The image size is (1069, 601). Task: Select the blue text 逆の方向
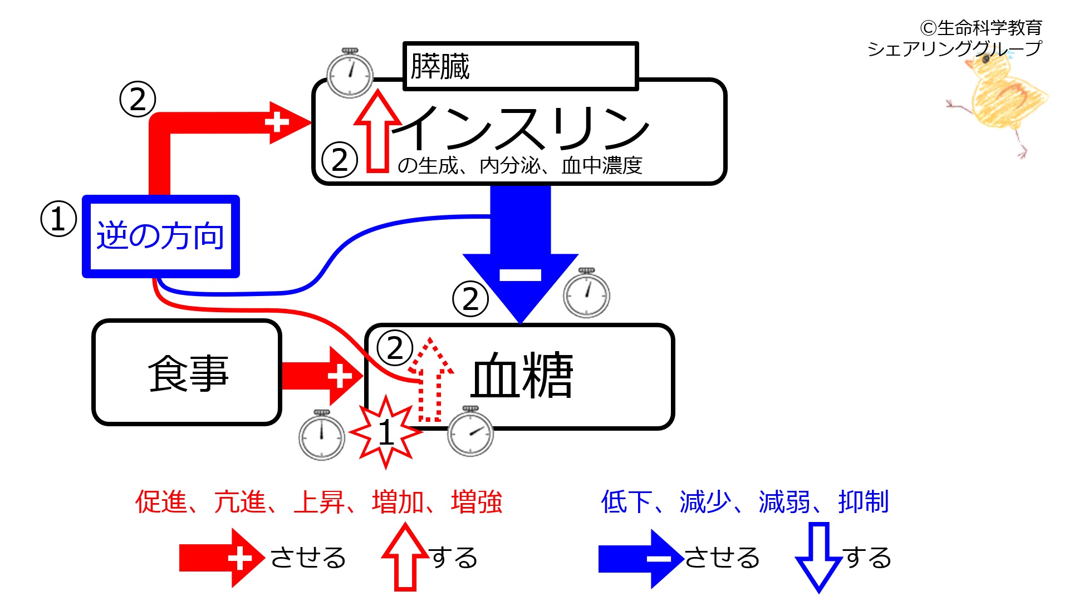pyautogui.click(x=160, y=236)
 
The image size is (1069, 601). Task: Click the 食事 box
pyautogui.click(x=187, y=372)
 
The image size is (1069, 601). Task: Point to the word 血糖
pyautogui.click(x=522, y=375)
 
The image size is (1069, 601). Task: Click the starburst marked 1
pyautogui.click(x=385, y=432)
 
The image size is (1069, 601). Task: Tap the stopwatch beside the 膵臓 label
pyautogui.click(x=350, y=73)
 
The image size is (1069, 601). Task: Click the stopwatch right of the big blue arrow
pyautogui.click(x=587, y=293)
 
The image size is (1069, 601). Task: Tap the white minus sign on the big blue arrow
pyautogui.click(x=520, y=275)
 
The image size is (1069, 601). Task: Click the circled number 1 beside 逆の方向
pyautogui.click(x=58, y=219)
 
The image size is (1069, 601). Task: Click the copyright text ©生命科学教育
pyautogui.click(x=981, y=28)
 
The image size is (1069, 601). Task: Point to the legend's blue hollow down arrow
pyautogui.click(x=818, y=557)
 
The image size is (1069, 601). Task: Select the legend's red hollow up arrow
pyautogui.click(x=405, y=557)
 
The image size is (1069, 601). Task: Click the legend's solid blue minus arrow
pyautogui.click(x=641, y=558)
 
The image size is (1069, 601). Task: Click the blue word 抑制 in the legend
pyautogui.click(x=864, y=502)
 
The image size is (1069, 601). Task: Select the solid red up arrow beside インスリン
pyautogui.click(x=378, y=131)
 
